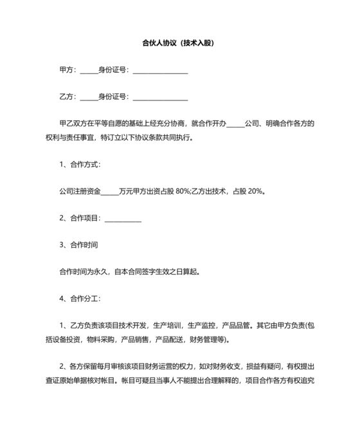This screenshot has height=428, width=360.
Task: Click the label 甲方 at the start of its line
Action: point(66,70)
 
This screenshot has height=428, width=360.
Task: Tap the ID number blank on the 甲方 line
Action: point(160,71)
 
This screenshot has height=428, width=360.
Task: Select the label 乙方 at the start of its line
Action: point(66,97)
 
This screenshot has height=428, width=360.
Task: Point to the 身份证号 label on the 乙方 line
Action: point(113,97)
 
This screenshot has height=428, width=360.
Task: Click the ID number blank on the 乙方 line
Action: point(160,98)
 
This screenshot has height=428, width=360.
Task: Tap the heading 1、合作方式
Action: point(79,164)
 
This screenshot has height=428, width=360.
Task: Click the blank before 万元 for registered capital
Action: point(110,192)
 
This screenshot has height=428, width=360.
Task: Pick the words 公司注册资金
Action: point(80,191)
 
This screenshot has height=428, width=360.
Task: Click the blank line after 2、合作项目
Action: point(123,219)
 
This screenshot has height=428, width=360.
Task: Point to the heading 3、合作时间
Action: point(78,245)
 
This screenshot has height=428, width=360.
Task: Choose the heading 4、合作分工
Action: point(79,299)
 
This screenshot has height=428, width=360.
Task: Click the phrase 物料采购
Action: point(120,339)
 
